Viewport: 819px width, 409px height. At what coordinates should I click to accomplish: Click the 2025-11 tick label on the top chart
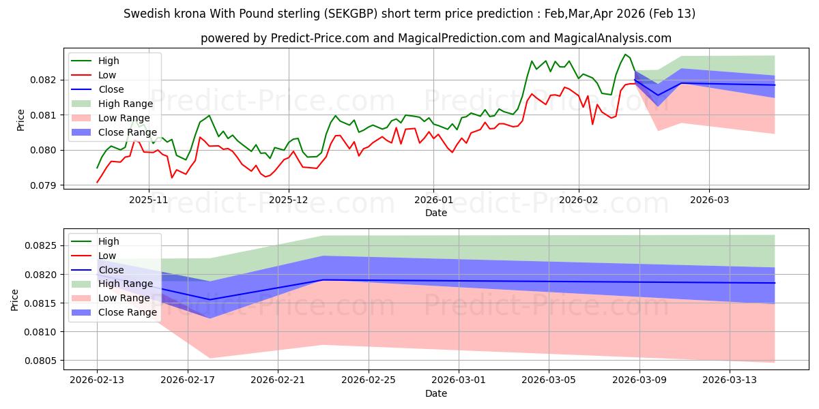(x=148, y=200)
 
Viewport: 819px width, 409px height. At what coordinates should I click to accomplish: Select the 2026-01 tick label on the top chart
(x=433, y=200)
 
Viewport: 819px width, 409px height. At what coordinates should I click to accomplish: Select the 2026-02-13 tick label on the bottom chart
(x=97, y=380)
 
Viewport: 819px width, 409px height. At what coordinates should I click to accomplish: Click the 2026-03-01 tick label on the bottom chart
(x=459, y=380)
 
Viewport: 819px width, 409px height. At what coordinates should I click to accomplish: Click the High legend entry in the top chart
(x=110, y=61)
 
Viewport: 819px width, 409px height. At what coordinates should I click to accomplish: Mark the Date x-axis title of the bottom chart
(x=436, y=393)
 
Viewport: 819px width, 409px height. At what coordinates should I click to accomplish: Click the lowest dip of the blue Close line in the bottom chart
(x=210, y=299)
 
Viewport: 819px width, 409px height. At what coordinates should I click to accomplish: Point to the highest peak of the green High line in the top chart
(x=624, y=54)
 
